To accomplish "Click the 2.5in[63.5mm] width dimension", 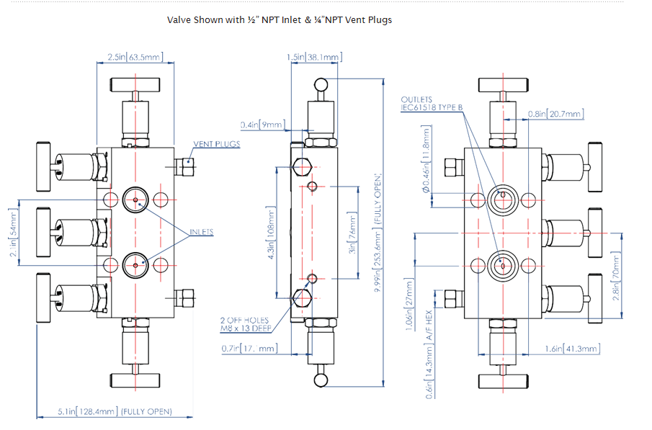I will click(x=135, y=56).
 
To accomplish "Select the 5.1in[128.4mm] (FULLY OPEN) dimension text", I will click(x=115, y=412).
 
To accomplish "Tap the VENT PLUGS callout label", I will click(x=217, y=144).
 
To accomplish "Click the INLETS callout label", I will click(x=202, y=233).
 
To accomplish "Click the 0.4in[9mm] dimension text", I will click(x=262, y=124).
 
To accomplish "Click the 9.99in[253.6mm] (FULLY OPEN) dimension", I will click(x=376, y=238).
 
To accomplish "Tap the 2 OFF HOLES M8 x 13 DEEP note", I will click(x=244, y=325).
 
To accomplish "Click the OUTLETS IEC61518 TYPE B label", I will click(x=432, y=104).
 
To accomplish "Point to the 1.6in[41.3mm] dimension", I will click(x=572, y=349).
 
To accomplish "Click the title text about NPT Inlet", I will click(x=280, y=20).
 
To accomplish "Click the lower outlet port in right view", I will click(x=502, y=266).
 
